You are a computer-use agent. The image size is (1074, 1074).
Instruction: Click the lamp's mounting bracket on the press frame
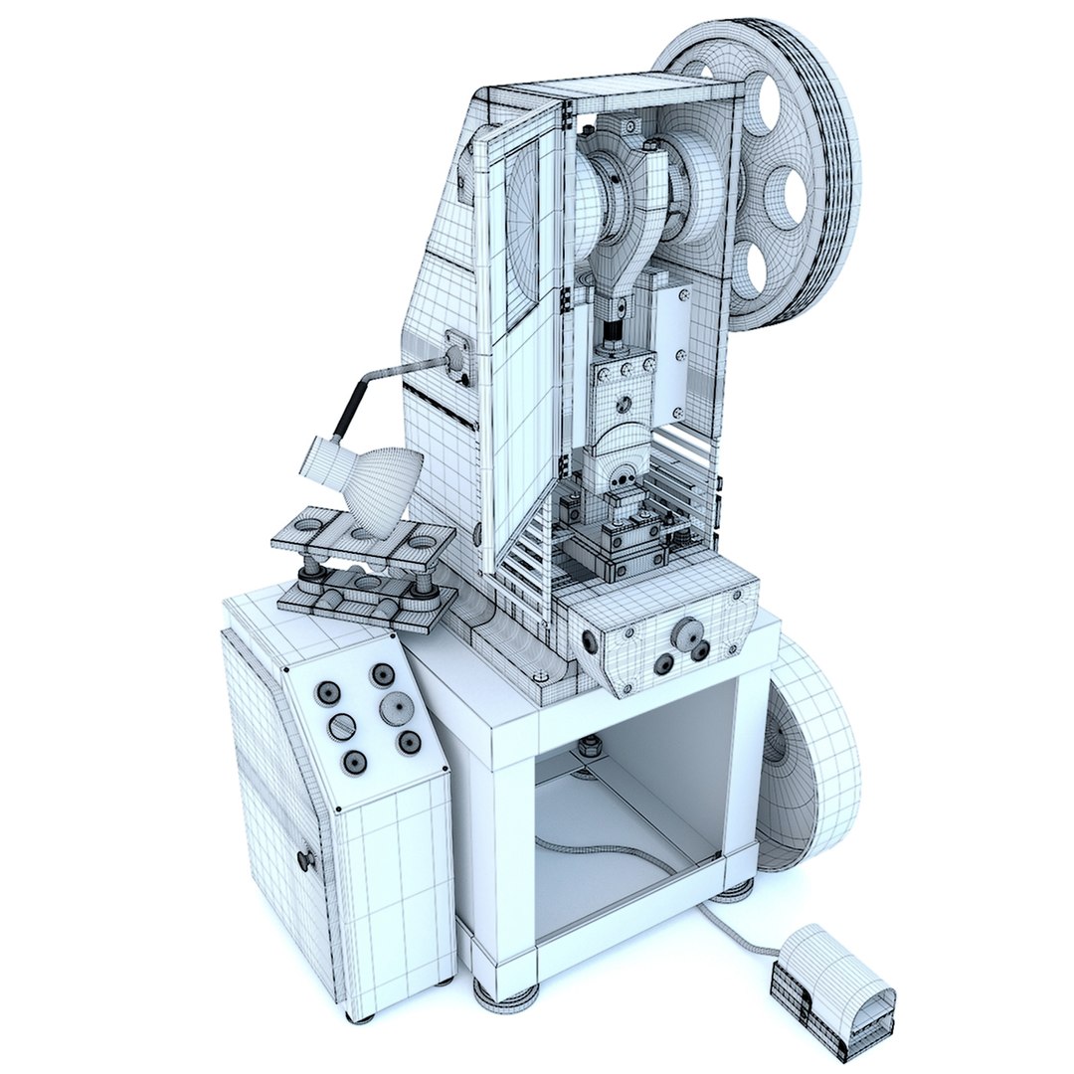click(x=458, y=353)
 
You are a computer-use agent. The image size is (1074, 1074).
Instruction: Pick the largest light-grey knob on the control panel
click(x=397, y=708)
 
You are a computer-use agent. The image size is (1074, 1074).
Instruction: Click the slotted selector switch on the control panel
click(x=341, y=727)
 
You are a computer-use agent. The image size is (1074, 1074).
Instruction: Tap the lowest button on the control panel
click(x=353, y=763)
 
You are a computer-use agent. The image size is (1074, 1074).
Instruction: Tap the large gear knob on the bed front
click(x=685, y=631)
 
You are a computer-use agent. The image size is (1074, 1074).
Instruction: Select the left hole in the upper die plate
click(x=311, y=524)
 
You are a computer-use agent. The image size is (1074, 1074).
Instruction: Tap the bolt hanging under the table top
click(x=591, y=744)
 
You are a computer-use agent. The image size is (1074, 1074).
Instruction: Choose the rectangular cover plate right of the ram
click(x=672, y=353)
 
